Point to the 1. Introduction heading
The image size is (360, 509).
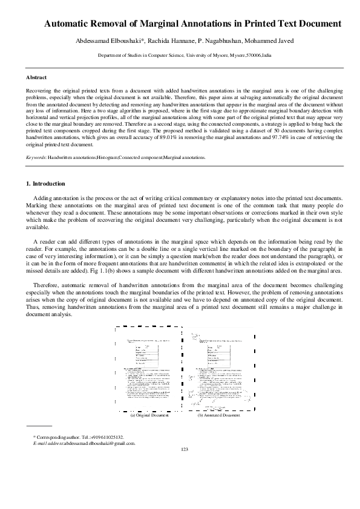coord(45,183)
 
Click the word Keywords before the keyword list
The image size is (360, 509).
coord(36,157)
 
